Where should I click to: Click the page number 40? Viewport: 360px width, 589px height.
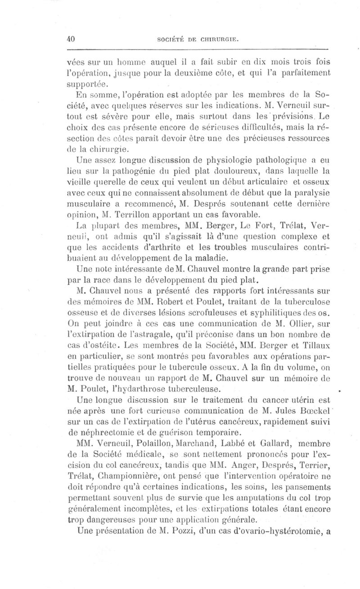(70, 39)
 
